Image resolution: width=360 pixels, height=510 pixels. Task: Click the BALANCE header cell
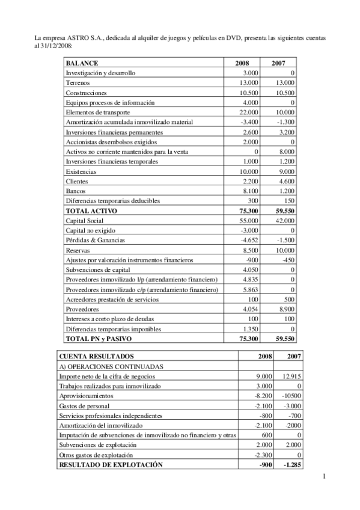(x=82, y=63)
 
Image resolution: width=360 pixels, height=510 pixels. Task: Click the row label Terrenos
(x=78, y=82)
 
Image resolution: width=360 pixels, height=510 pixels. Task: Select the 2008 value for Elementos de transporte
(x=249, y=112)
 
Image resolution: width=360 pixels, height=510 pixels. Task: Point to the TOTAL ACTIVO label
(x=91, y=211)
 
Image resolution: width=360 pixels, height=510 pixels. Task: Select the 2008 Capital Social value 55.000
(x=249, y=221)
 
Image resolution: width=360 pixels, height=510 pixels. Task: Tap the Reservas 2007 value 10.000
(x=284, y=250)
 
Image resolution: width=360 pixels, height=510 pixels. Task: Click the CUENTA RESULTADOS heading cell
(x=96, y=357)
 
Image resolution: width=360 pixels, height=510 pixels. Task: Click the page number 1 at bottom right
(x=323, y=478)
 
